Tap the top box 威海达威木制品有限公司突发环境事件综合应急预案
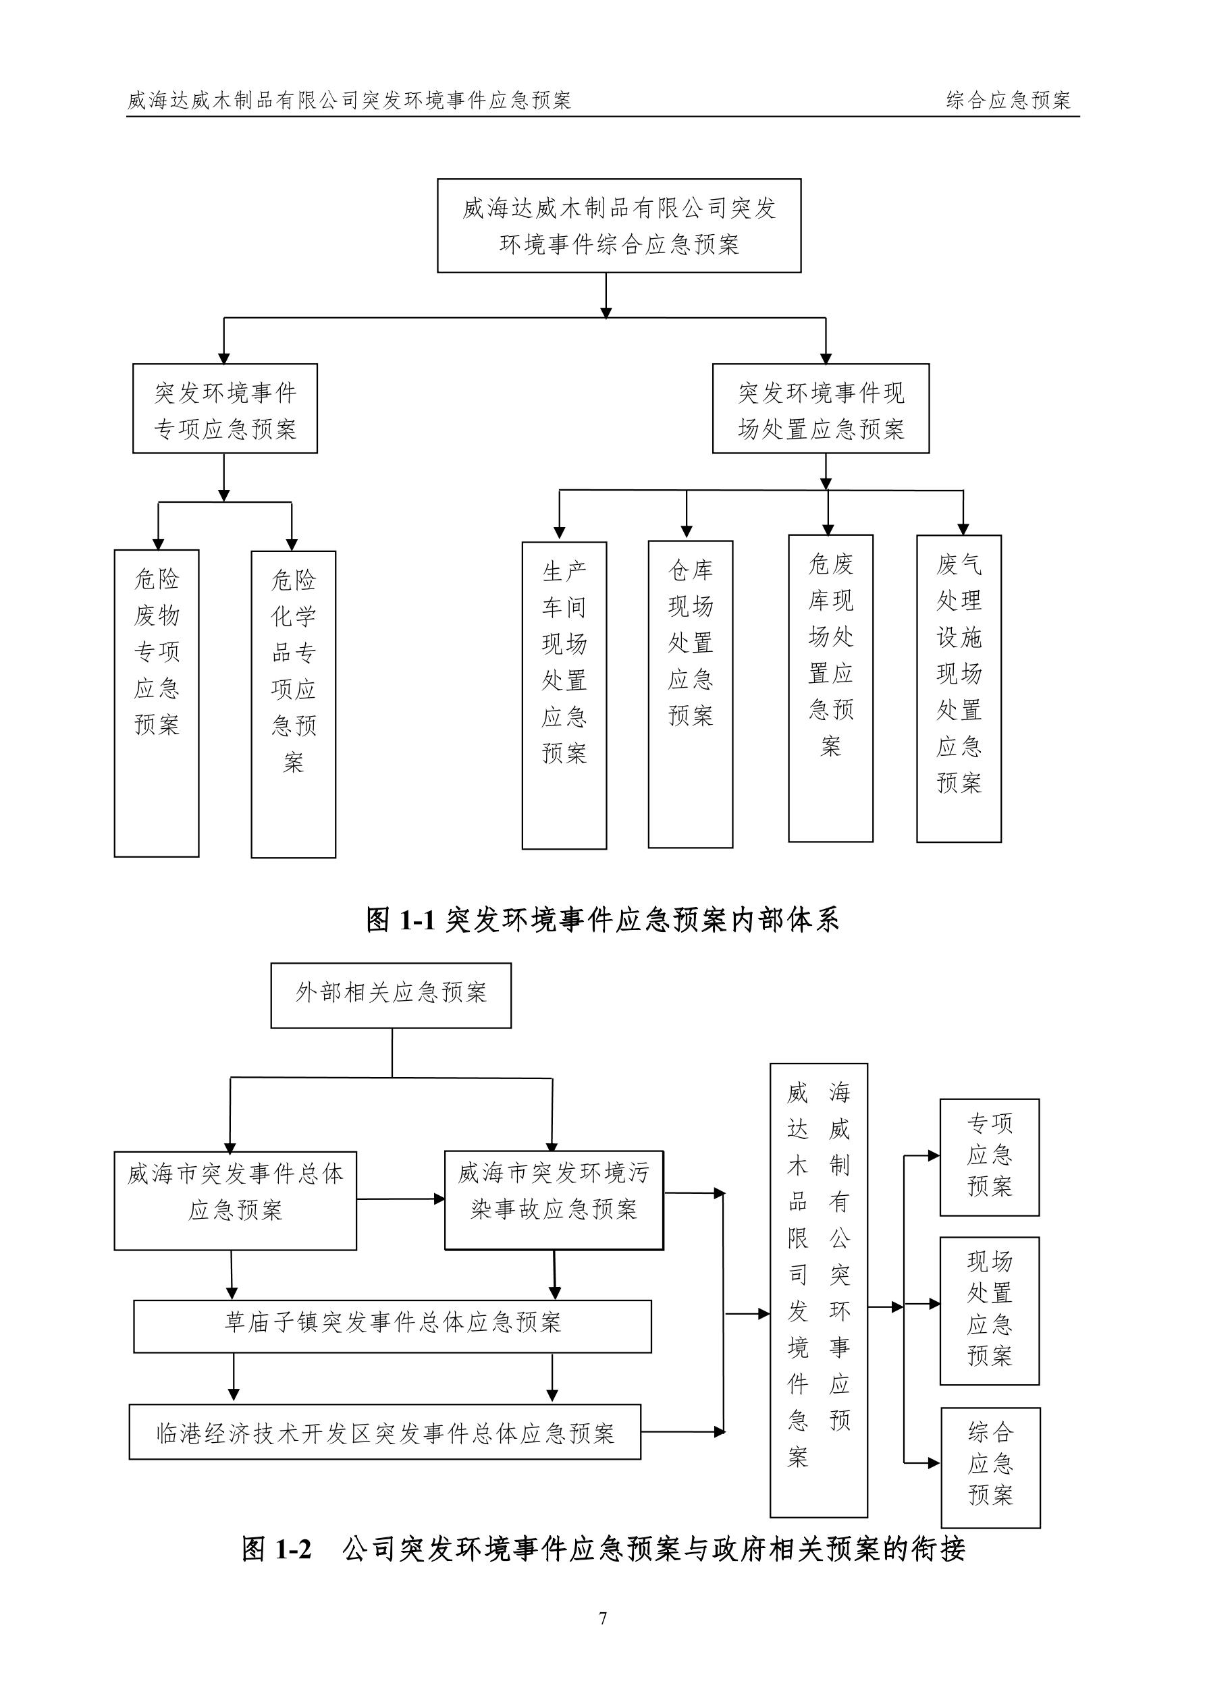click(618, 225)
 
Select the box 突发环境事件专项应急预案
click(225, 409)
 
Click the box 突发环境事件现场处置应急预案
click(820, 409)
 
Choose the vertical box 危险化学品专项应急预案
click(293, 704)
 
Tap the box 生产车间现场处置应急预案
click(564, 695)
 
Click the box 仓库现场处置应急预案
click(691, 694)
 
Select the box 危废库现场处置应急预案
click(831, 688)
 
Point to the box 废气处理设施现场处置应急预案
click(959, 689)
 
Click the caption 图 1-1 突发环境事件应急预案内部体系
click(603, 920)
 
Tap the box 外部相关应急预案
click(391, 995)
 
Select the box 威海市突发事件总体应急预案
click(236, 1200)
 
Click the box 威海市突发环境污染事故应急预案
click(554, 1200)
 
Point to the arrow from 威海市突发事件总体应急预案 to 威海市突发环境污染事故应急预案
click(401, 1199)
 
